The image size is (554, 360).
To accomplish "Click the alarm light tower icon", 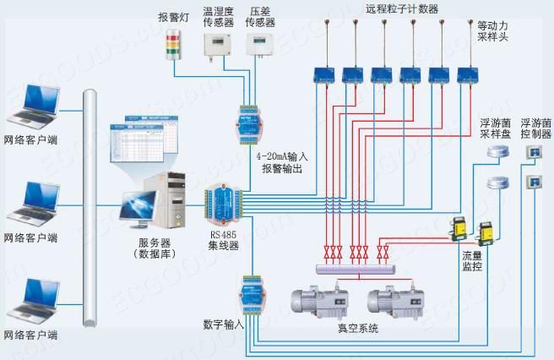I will coord(175,43).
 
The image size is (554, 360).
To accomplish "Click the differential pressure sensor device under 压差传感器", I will coord(259,43).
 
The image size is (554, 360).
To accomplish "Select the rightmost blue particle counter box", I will coord(467,74).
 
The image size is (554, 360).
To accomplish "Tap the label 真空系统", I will coord(352,328).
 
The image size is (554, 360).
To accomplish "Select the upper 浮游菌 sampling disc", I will coord(498,150).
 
